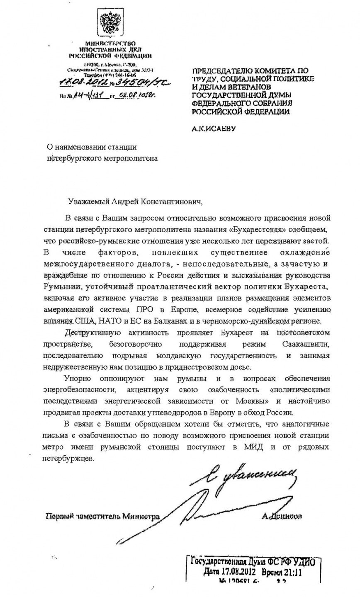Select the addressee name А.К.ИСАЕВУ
(214, 129)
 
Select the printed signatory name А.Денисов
(282, 516)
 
